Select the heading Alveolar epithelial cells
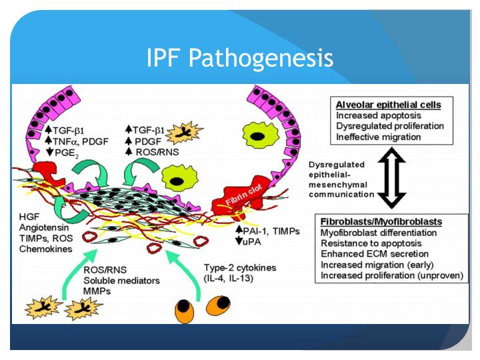(x=384, y=105)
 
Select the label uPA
(x=253, y=241)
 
